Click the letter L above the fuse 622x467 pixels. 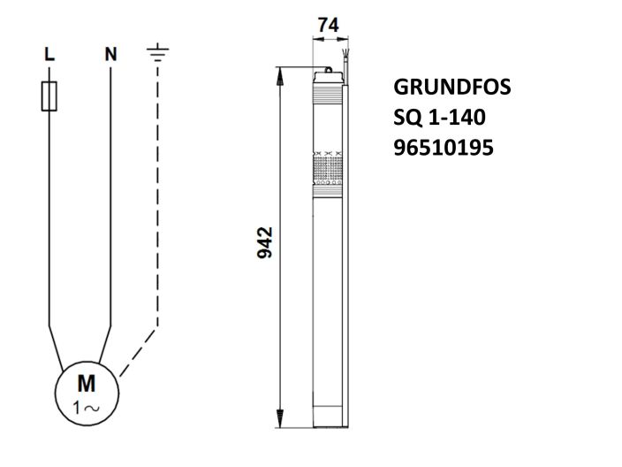[x=49, y=54]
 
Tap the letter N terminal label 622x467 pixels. [x=110, y=54]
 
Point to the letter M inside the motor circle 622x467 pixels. [x=86, y=383]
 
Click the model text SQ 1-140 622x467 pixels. [x=439, y=118]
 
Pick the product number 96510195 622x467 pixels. [x=443, y=147]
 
